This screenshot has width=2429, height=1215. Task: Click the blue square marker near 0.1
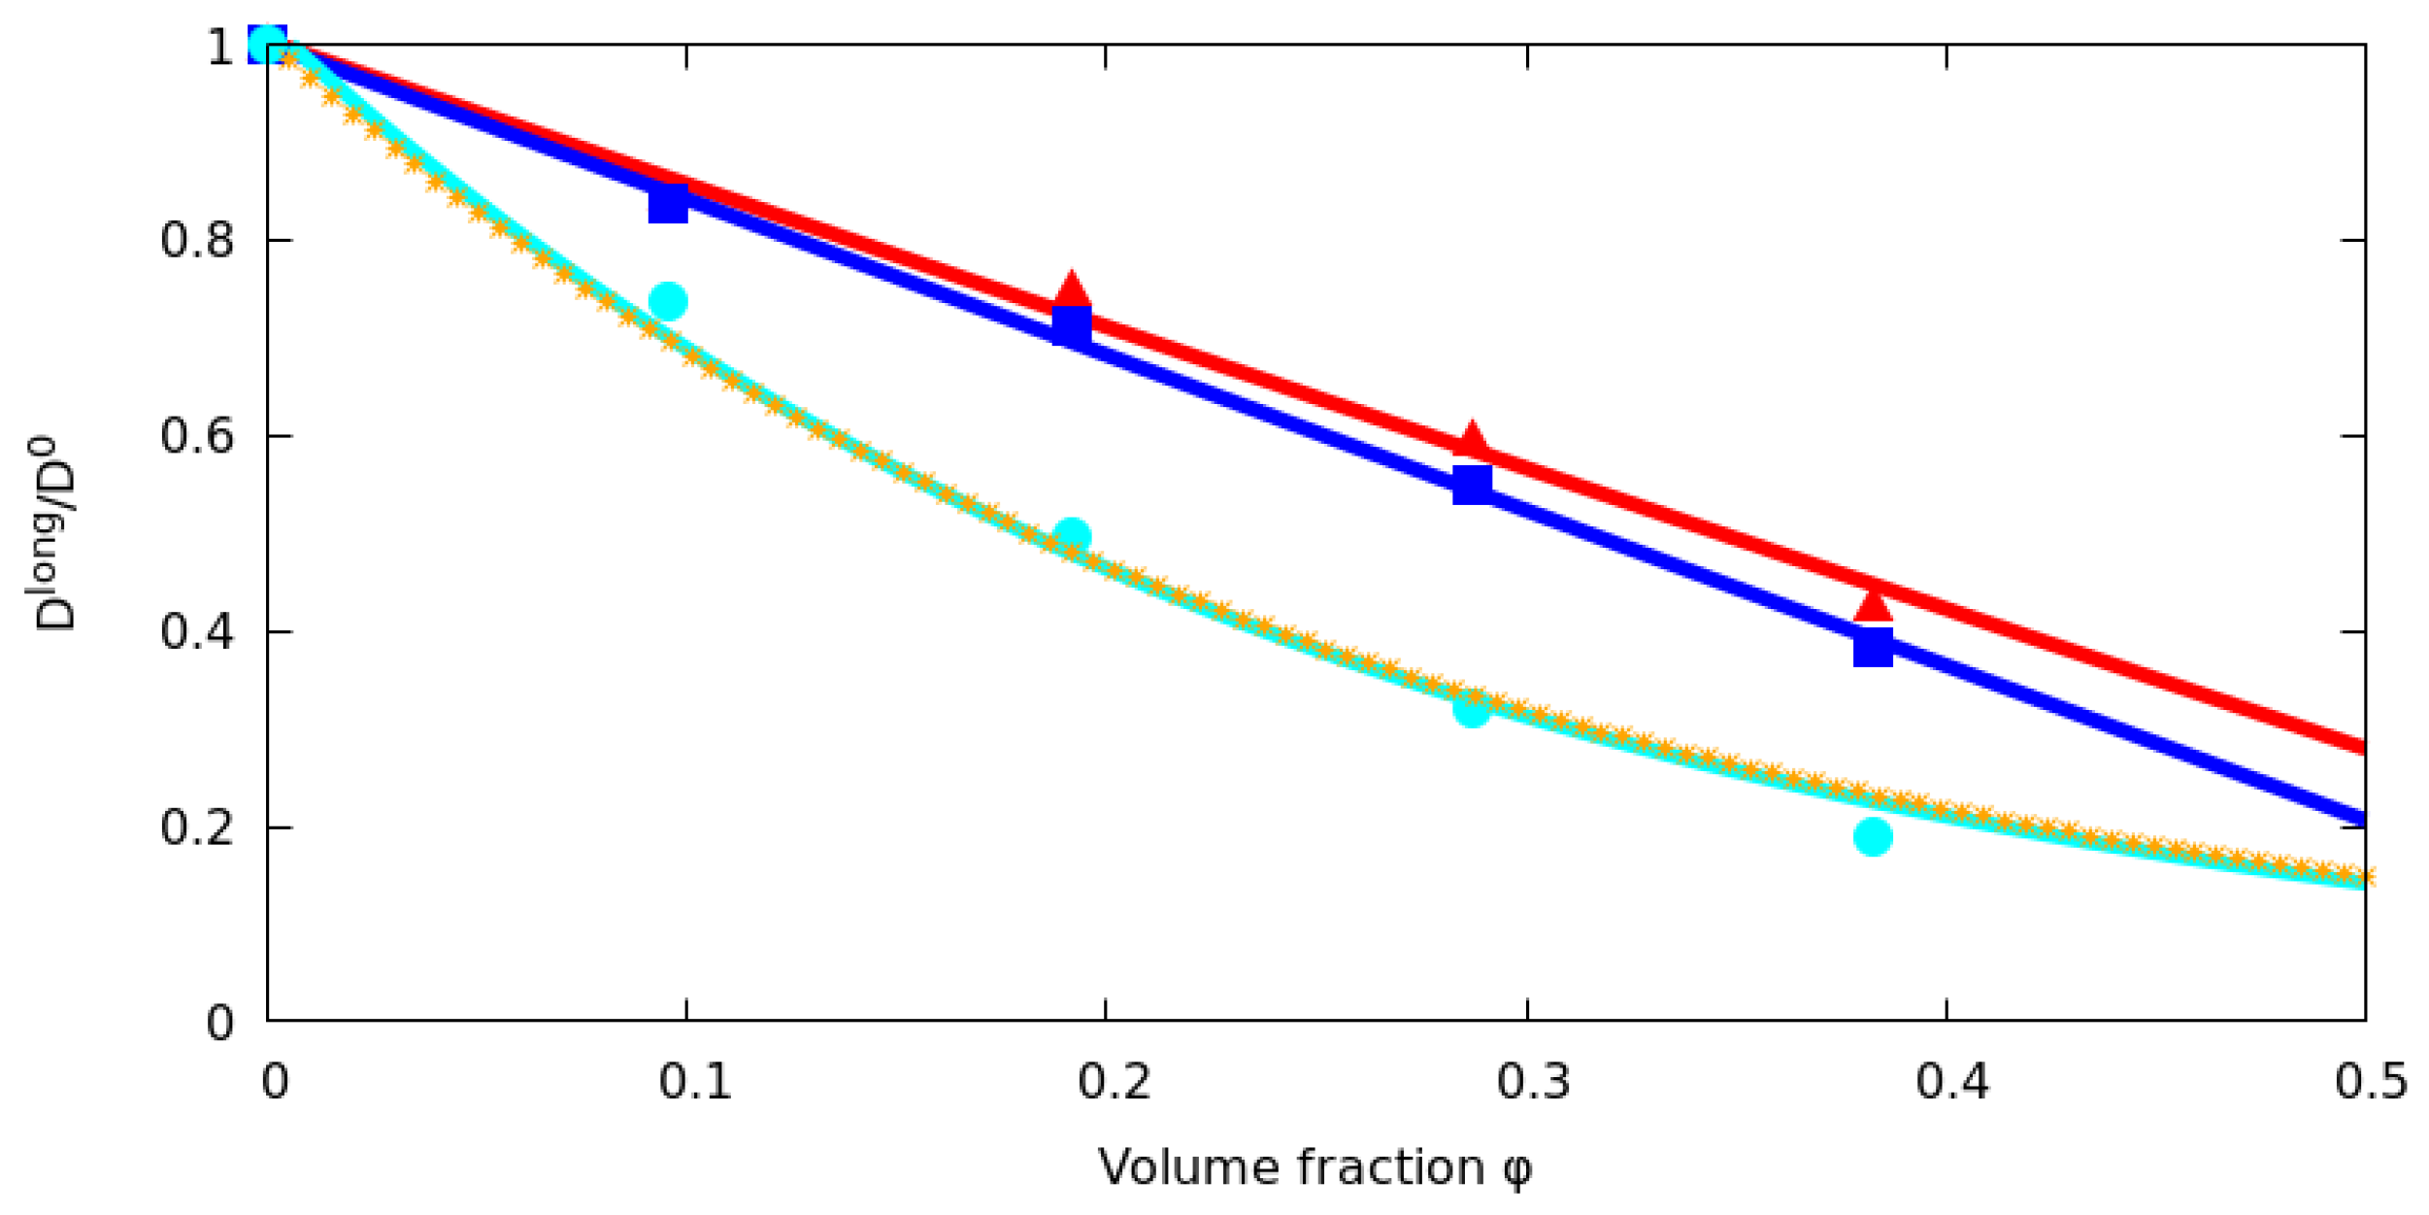click(668, 204)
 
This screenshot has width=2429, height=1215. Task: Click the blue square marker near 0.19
click(1072, 325)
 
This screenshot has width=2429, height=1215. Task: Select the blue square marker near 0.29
click(1472, 484)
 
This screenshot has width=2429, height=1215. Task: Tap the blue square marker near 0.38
click(1873, 647)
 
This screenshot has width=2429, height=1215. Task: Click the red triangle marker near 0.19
click(1071, 289)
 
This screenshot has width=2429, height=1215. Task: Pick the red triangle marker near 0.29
click(1473, 440)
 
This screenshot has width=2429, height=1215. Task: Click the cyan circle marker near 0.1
click(668, 301)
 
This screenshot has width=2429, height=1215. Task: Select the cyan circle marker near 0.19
click(1072, 535)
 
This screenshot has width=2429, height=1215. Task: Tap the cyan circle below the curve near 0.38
click(1873, 836)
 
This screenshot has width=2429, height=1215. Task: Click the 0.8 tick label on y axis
click(197, 240)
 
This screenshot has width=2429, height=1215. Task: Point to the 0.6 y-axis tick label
click(197, 436)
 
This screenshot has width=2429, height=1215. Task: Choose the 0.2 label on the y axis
click(197, 827)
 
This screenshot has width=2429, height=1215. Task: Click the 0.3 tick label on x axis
click(1533, 1081)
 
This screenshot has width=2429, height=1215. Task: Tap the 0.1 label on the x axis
click(695, 1081)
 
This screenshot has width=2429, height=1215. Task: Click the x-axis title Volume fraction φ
click(1314, 1168)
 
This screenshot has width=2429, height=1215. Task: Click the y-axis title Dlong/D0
click(53, 534)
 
